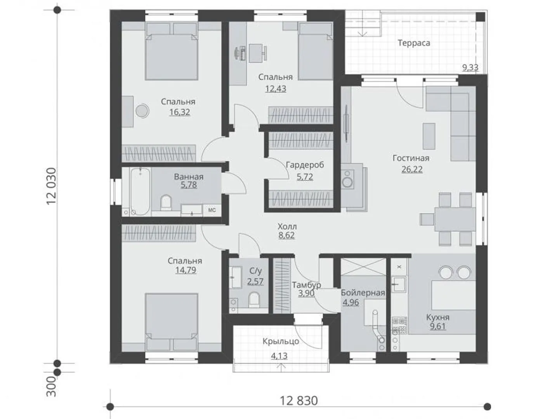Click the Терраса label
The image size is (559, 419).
[414, 43]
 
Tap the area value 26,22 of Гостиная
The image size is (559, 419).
[412, 169]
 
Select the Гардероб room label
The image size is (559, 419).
[305, 165]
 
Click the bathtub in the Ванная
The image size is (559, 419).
[140, 191]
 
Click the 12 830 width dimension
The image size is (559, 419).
[299, 401]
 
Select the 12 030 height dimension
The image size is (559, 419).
[51, 186]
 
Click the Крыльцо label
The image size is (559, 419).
[281, 341]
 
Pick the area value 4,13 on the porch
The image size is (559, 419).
[279, 356]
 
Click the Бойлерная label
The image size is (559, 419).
[363, 293]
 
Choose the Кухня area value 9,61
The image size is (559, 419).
[438, 326]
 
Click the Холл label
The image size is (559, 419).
[287, 226]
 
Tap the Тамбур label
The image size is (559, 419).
[306, 285]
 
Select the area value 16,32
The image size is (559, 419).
[180, 112]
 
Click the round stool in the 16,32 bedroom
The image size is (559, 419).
[142, 111]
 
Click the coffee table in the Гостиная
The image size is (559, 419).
[429, 136]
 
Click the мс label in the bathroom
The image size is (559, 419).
[212, 210]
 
